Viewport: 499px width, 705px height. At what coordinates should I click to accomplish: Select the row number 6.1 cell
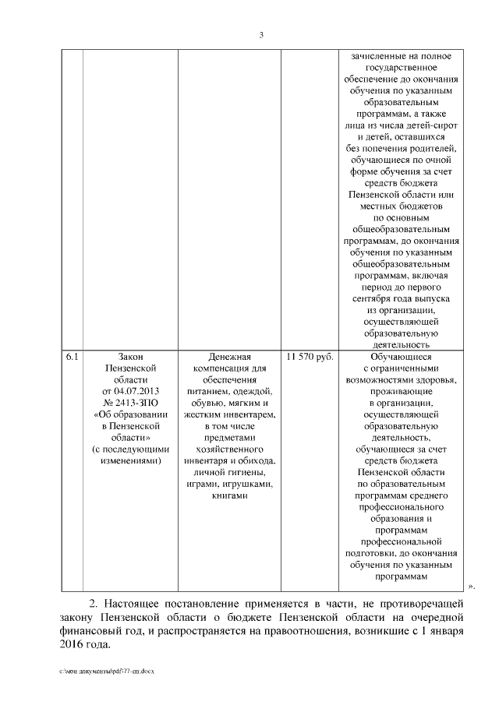[x=72, y=357]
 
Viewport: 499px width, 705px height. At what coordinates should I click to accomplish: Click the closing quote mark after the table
[x=471, y=587]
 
